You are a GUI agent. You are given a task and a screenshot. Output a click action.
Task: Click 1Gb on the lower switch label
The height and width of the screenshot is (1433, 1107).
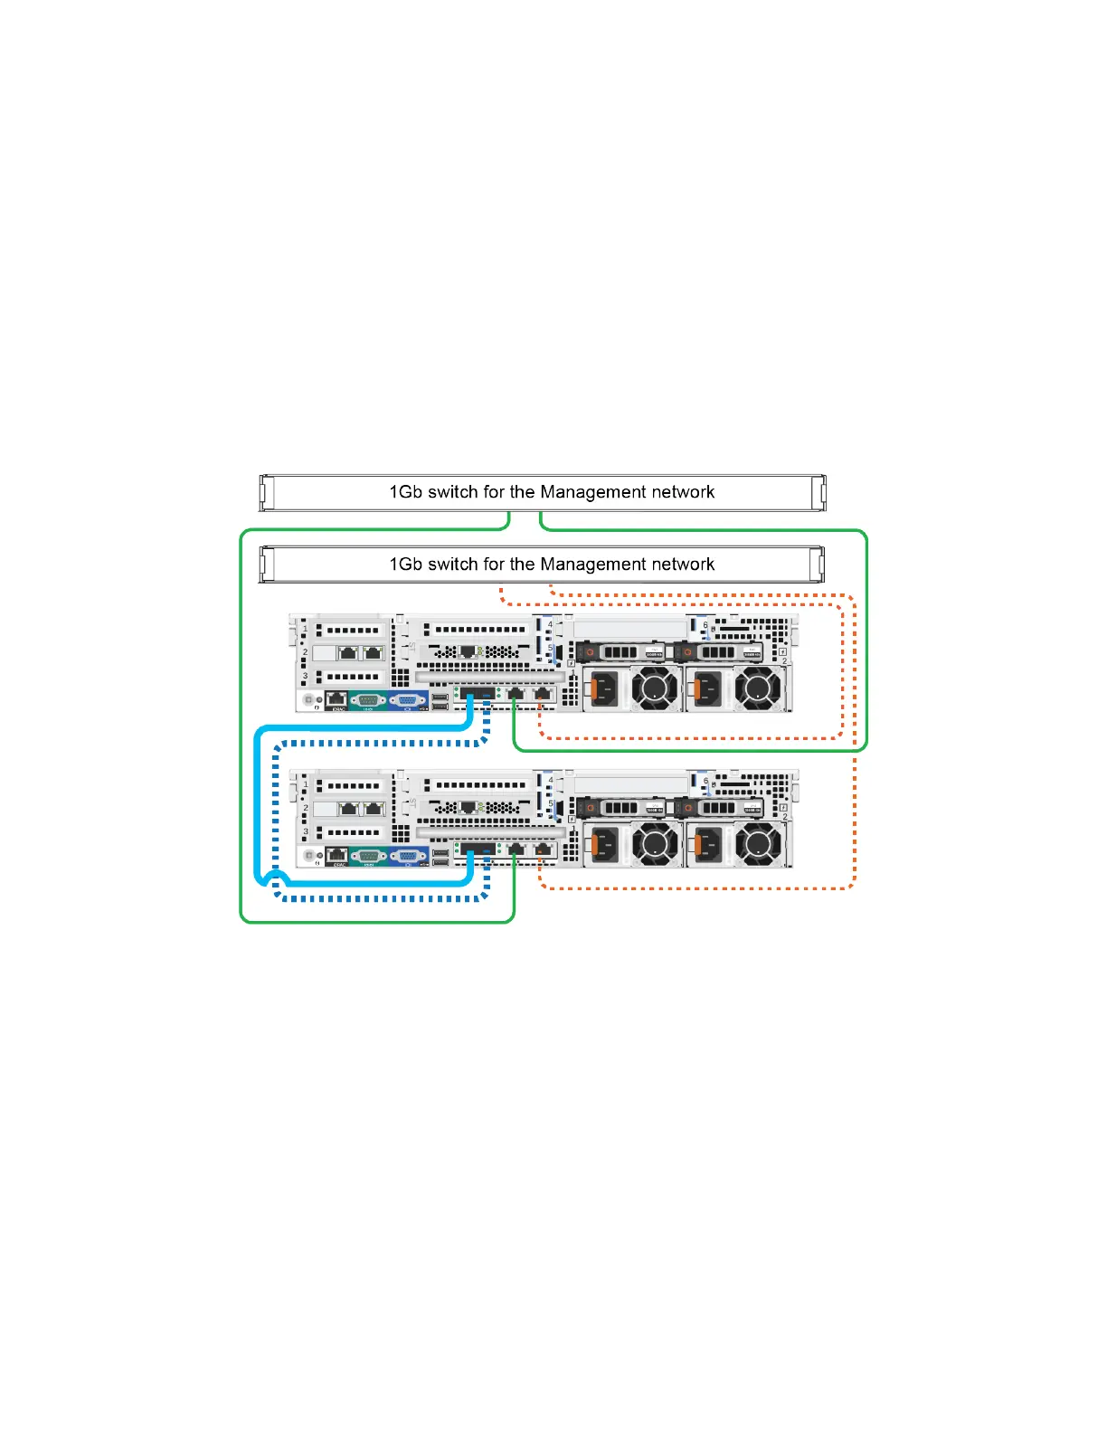pos(406,565)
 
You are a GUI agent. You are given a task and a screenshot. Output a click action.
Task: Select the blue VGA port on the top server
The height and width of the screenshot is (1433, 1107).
pos(408,699)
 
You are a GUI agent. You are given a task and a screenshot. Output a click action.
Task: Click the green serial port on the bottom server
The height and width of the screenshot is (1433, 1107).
pos(367,855)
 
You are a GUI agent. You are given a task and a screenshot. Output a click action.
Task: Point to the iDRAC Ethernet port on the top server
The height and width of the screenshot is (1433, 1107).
pos(336,698)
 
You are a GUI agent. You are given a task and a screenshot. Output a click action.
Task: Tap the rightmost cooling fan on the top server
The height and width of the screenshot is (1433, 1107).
pos(758,689)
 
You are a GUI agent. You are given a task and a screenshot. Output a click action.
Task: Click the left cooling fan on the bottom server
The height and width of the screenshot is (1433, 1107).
pos(655,845)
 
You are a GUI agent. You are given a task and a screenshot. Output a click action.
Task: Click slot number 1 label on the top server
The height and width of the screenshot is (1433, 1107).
pos(306,629)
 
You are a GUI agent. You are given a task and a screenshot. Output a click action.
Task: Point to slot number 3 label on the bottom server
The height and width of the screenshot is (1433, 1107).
pos(306,831)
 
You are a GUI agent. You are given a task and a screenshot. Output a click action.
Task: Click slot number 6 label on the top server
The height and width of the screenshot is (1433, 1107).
pos(705,625)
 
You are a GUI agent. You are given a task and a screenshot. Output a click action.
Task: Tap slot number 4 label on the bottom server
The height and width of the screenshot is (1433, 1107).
pos(550,780)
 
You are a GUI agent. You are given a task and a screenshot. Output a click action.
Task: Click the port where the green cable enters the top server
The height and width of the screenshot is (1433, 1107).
pos(515,694)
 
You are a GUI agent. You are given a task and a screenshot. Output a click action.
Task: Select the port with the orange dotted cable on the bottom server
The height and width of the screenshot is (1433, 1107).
pos(542,849)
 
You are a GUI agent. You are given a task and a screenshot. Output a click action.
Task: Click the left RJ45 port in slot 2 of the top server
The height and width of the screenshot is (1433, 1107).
pos(347,652)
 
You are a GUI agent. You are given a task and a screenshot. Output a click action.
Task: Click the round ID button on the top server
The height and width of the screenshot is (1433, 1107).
pos(309,699)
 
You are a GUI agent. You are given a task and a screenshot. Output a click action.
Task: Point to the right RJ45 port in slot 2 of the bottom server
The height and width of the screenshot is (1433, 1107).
pos(373,808)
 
